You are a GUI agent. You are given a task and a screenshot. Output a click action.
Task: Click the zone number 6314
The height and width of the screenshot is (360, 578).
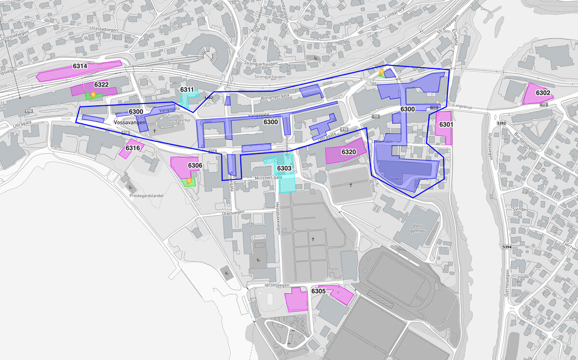(x=80, y=66)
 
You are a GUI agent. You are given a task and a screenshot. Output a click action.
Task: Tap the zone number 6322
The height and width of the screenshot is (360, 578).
(x=101, y=85)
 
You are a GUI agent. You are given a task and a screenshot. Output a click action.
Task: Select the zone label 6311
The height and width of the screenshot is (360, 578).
(x=187, y=90)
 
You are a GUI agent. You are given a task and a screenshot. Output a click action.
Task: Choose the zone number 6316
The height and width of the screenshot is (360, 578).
(x=133, y=148)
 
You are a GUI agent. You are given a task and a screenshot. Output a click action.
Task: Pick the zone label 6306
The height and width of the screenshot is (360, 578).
(x=195, y=166)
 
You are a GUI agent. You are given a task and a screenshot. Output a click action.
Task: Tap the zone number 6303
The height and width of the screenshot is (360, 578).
(x=284, y=168)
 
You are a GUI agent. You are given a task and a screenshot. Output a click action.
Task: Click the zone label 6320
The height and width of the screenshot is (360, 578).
(x=349, y=152)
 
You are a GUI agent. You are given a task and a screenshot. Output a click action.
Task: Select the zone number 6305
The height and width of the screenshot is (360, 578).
(x=318, y=291)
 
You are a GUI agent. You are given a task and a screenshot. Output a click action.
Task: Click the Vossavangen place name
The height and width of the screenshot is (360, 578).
(x=130, y=123)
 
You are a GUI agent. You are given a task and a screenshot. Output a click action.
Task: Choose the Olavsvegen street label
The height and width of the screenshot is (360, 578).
(x=234, y=212)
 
